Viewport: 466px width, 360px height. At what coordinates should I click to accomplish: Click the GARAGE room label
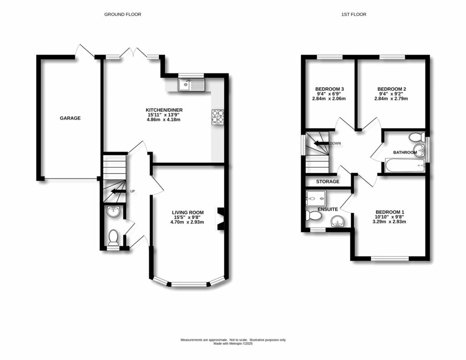pyautogui.click(x=70, y=118)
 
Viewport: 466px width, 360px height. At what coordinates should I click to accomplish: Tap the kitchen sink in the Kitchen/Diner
pyautogui.click(x=192, y=84)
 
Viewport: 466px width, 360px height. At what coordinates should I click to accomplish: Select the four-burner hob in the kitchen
pyautogui.click(x=218, y=117)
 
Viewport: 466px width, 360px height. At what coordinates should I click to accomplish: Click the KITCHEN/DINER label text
pyautogui.click(x=163, y=110)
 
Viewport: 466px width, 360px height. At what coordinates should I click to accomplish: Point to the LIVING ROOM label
pyautogui.click(x=187, y=213)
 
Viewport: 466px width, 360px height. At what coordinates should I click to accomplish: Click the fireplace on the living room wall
pyautogui.click(x=221, y=219)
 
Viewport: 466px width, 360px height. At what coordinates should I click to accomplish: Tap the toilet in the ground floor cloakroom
pyautogui.click(x=113, y=238)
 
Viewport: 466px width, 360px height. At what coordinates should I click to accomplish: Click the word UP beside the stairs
pyautogui.click(x=133, y=191)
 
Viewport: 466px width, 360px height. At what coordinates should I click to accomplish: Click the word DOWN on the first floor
pyautogui.click(x=336, y=143)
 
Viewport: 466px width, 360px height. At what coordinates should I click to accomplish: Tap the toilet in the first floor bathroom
pyautogui.click(x=416, y=137)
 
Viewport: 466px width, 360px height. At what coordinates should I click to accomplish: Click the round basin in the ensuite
pyautogui.click(x=337, y=221)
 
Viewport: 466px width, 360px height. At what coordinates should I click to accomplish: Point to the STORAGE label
pyautogui.click(x=328, y=182)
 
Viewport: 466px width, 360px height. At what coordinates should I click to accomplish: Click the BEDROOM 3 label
pyautogui.click(x=329, y=89)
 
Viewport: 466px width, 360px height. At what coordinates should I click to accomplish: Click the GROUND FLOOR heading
pyautogui.click(x=123, y=15)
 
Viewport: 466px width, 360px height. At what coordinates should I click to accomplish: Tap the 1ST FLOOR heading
pyautogui.click(x=354, y=15)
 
